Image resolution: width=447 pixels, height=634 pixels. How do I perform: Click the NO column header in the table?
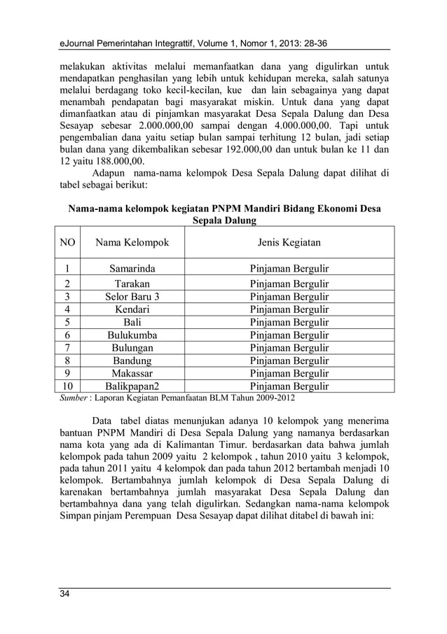(x=67, y=243)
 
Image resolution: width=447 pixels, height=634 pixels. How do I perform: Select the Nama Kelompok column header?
(x=132, y=243)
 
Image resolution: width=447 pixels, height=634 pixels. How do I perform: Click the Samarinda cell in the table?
(x=132, y=268)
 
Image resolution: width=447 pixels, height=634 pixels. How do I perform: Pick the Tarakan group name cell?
(x=132, y=284)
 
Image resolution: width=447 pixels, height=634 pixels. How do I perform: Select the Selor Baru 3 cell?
(x=132, y=297)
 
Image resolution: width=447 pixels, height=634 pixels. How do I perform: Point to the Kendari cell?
(x=132, y=309)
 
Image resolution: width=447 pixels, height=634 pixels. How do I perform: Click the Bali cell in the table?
(x=132, y=322)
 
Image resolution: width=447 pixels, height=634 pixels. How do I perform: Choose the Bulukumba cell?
(x=132, y=335)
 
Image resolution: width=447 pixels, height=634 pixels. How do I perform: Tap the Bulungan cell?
(x=132, y=348)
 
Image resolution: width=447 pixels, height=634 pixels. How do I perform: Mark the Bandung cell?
(x=132, y=360)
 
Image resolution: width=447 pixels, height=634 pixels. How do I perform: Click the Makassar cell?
(x=132, y=373)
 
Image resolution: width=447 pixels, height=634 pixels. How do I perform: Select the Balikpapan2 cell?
(x=132, y=386)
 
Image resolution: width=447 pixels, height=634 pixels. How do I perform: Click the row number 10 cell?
(x=67, y=386)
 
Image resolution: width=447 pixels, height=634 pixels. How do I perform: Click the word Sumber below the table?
(x=70, y=398)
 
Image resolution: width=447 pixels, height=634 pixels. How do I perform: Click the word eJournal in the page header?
(x=78, y=45)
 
